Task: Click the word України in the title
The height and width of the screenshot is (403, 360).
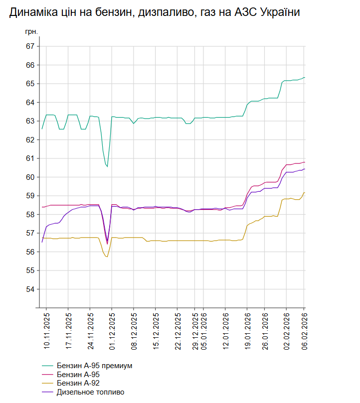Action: (x=278, y=12)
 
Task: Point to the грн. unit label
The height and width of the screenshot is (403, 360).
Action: (x=31, y=31)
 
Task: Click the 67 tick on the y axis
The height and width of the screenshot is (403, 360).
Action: (x=30, y=46)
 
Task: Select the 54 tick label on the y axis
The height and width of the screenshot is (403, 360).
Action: (x=30, y=289)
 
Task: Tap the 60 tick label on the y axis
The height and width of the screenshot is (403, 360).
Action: (x=30, y=177)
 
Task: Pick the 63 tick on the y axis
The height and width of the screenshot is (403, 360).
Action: (x=30, y=121)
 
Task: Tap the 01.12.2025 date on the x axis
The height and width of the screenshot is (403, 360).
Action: (x=112, y=330)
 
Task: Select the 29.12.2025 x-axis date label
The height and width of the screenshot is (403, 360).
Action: (x=196, y=330)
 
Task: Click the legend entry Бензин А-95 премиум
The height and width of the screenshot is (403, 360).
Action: (x=94, y=366)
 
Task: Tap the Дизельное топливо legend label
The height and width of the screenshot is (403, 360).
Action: (x=90, y=392)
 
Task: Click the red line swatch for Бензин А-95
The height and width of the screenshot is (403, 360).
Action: (x=48, y=375)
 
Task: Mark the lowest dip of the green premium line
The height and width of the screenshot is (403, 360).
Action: (x=107, y=166)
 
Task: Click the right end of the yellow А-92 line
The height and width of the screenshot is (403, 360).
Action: (x=305, y=193)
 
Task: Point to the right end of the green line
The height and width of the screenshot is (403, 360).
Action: (x=305, y=78)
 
